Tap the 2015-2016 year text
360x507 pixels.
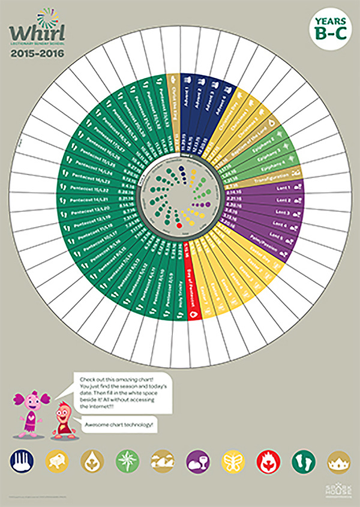click(37, 52)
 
